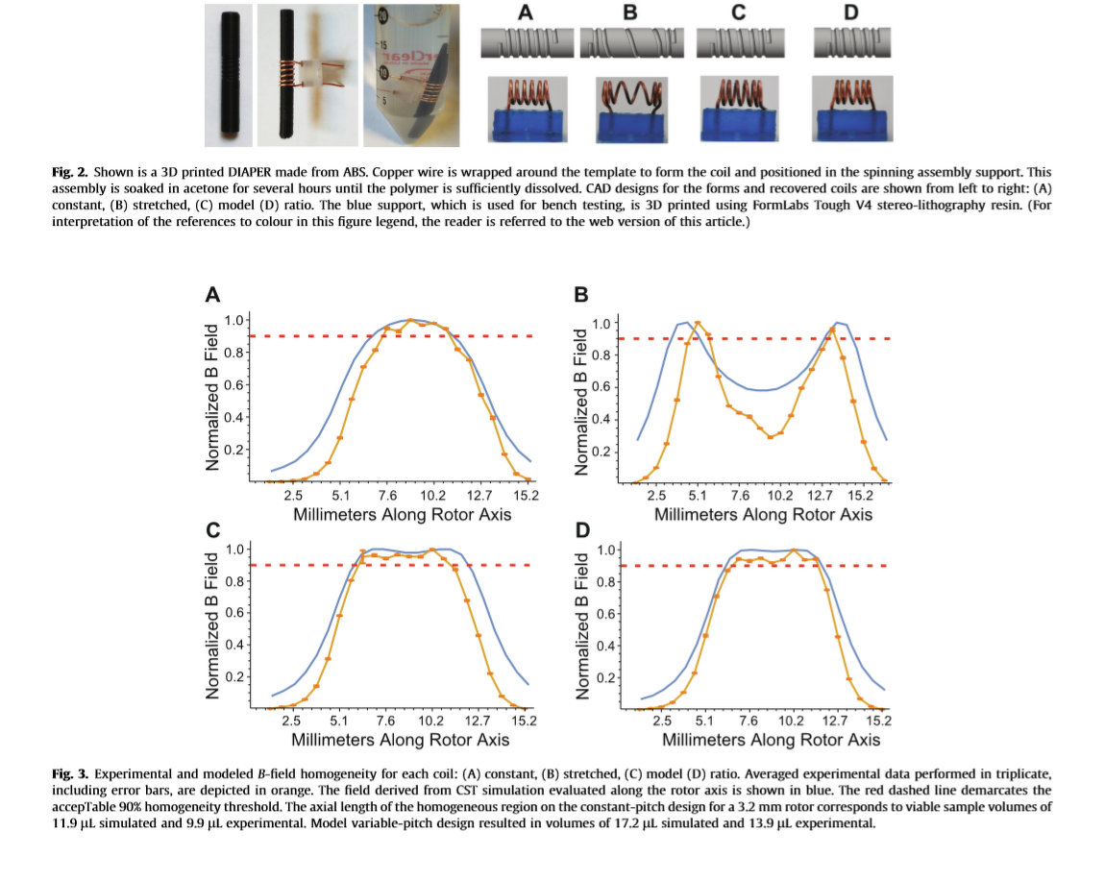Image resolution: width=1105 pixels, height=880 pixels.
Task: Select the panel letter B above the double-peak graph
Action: [580, 295]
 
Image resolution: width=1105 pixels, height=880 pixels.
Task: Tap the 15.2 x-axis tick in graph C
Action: [523, 720]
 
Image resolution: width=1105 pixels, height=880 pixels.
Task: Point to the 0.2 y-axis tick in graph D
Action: [603, 679]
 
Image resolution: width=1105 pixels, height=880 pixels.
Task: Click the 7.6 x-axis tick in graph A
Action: [386, 495]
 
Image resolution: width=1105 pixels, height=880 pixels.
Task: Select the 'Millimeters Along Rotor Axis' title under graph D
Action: [771, 740]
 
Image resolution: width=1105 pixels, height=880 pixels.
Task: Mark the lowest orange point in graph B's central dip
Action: [771, 437]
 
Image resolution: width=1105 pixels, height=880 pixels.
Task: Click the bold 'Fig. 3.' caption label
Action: [69, 773]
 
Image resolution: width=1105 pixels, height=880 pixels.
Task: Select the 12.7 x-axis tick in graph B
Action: [819, 496]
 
